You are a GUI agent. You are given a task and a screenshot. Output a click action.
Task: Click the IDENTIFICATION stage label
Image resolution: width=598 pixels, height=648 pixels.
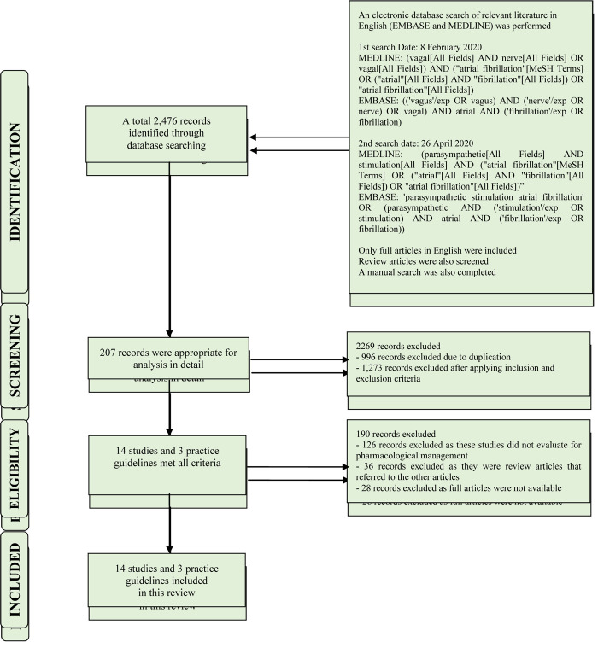tap(15, 183)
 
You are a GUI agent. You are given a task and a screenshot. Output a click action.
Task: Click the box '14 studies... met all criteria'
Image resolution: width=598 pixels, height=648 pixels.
tap(167, 456)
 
